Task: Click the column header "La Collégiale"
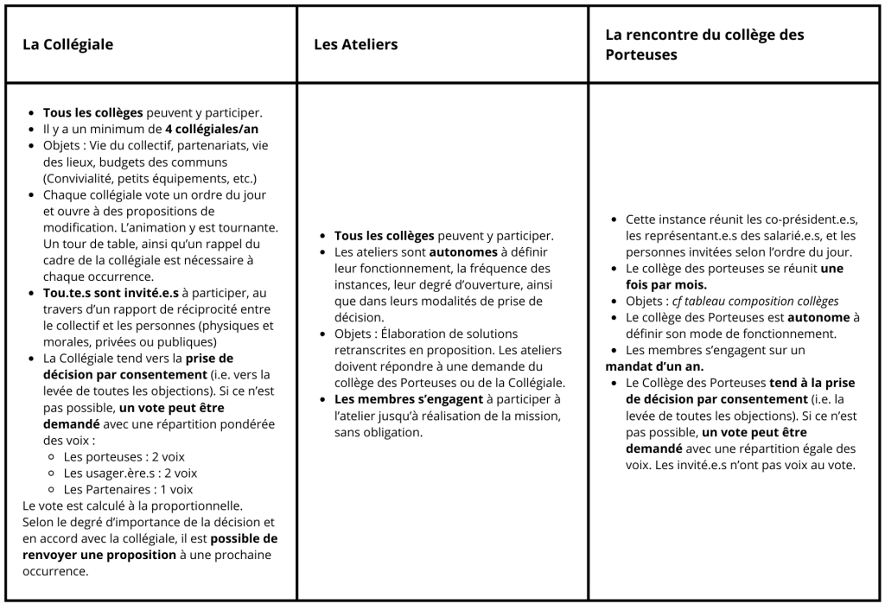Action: click(x=67, y=44)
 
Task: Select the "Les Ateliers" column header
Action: click(x=355, y=44)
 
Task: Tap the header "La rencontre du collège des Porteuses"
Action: click(x=704, y=44)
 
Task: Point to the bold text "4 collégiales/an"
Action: click(x=211, y=129)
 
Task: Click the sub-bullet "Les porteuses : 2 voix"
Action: click(x=124, y=456)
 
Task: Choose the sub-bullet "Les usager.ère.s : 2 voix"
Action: click(x=130, y=473)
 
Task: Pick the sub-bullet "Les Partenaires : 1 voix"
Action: click(x=128, y=489)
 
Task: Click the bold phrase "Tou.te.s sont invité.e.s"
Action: click(x=111, y=293)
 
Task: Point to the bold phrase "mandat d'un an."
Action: click(x=654, y=366)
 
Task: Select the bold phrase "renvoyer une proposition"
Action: click(x=99, y=554)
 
